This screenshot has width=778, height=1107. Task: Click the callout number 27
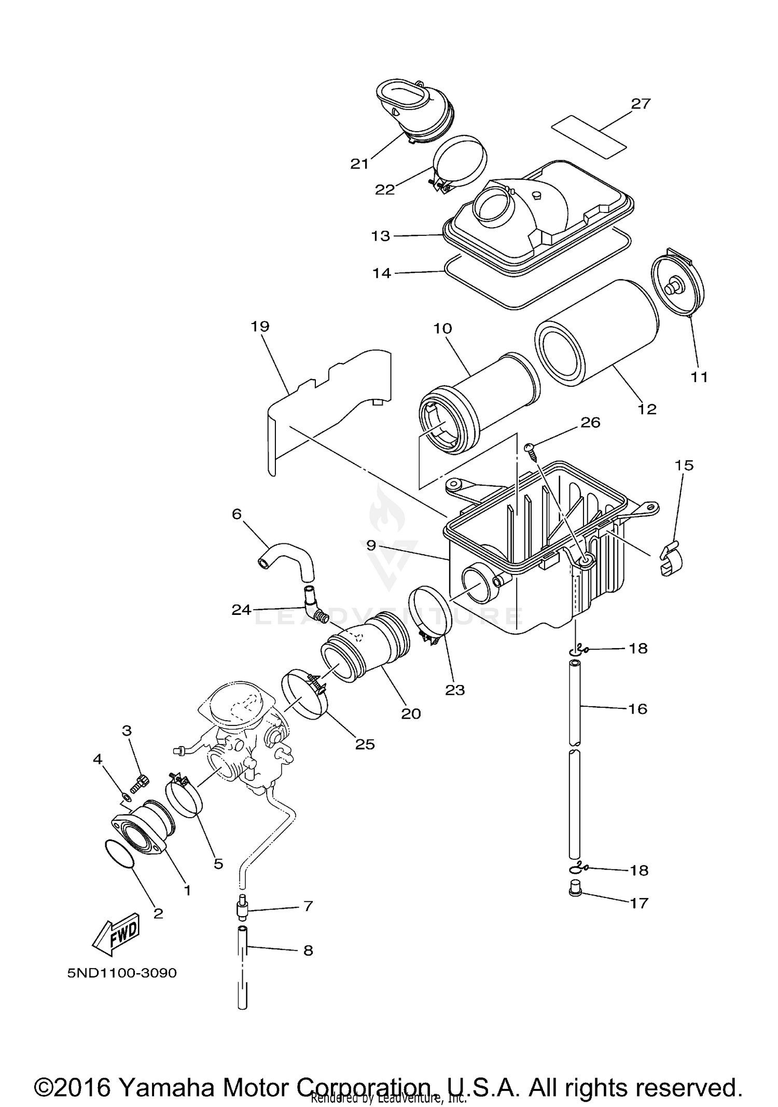641,104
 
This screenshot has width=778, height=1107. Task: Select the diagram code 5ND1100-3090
122,973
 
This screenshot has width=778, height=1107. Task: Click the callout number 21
359,164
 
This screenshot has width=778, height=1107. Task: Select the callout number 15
684,465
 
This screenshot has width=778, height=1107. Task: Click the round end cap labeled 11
676,283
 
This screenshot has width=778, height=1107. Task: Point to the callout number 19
260,327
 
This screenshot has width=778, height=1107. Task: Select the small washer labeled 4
127,795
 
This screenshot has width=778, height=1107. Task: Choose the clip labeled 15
671,558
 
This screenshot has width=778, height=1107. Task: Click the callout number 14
381,273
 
